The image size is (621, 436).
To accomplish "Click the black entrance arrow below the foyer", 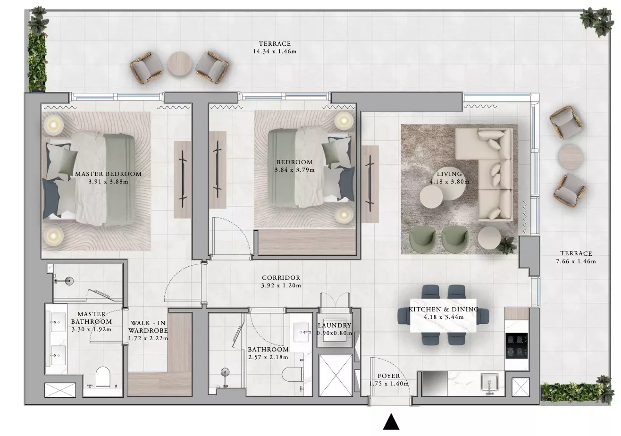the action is [391, 422].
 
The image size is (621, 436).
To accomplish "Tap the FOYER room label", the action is [389, 376].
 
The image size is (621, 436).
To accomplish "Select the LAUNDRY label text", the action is [335, 326].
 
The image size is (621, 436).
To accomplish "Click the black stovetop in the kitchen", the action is [516, 346].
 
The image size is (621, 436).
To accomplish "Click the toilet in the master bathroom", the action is [103, 377].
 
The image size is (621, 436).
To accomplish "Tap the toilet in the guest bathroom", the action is [292, 374].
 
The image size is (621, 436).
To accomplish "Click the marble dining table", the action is [443, 315].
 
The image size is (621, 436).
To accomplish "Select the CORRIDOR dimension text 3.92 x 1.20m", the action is [281, 285].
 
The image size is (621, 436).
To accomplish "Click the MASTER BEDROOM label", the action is [108, 174].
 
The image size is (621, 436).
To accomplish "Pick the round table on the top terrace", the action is [180, 64].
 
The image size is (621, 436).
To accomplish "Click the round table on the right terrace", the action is [571, 156].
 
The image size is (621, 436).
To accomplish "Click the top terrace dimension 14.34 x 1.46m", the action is [275, 51].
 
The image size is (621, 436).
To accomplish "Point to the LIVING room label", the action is [449, 174].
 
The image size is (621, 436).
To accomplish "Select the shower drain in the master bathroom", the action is [69, 281].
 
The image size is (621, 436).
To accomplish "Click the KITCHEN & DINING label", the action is [444, 310].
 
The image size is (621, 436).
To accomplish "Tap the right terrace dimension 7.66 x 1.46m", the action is [576, 261].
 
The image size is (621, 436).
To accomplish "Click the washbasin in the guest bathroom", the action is [301, 332].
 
